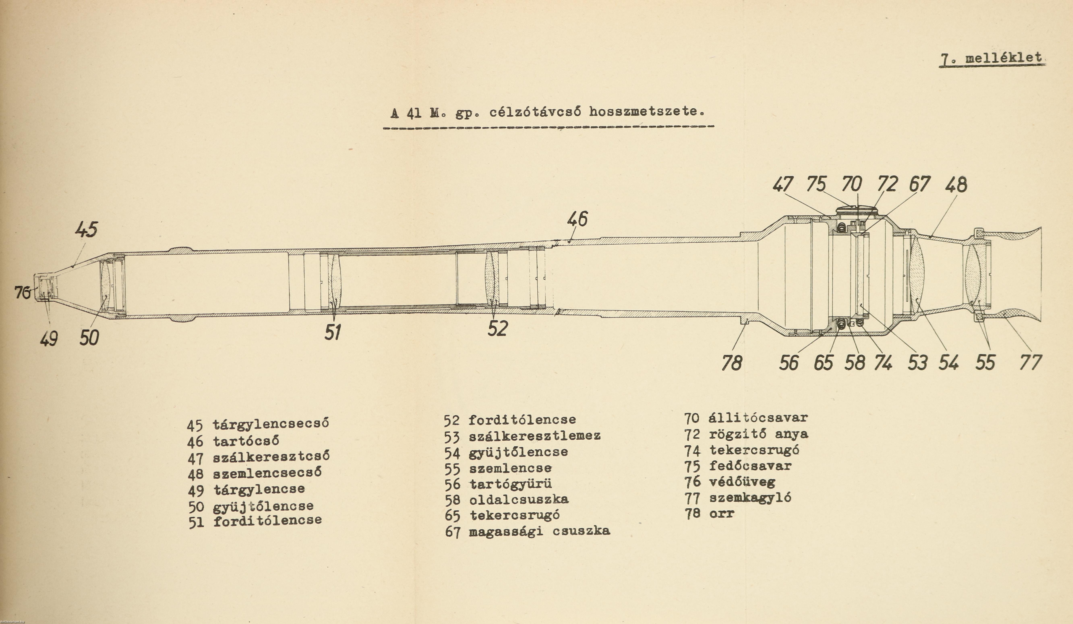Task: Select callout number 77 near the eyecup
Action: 1031,363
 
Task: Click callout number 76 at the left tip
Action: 22,293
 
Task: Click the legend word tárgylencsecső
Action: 271,424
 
